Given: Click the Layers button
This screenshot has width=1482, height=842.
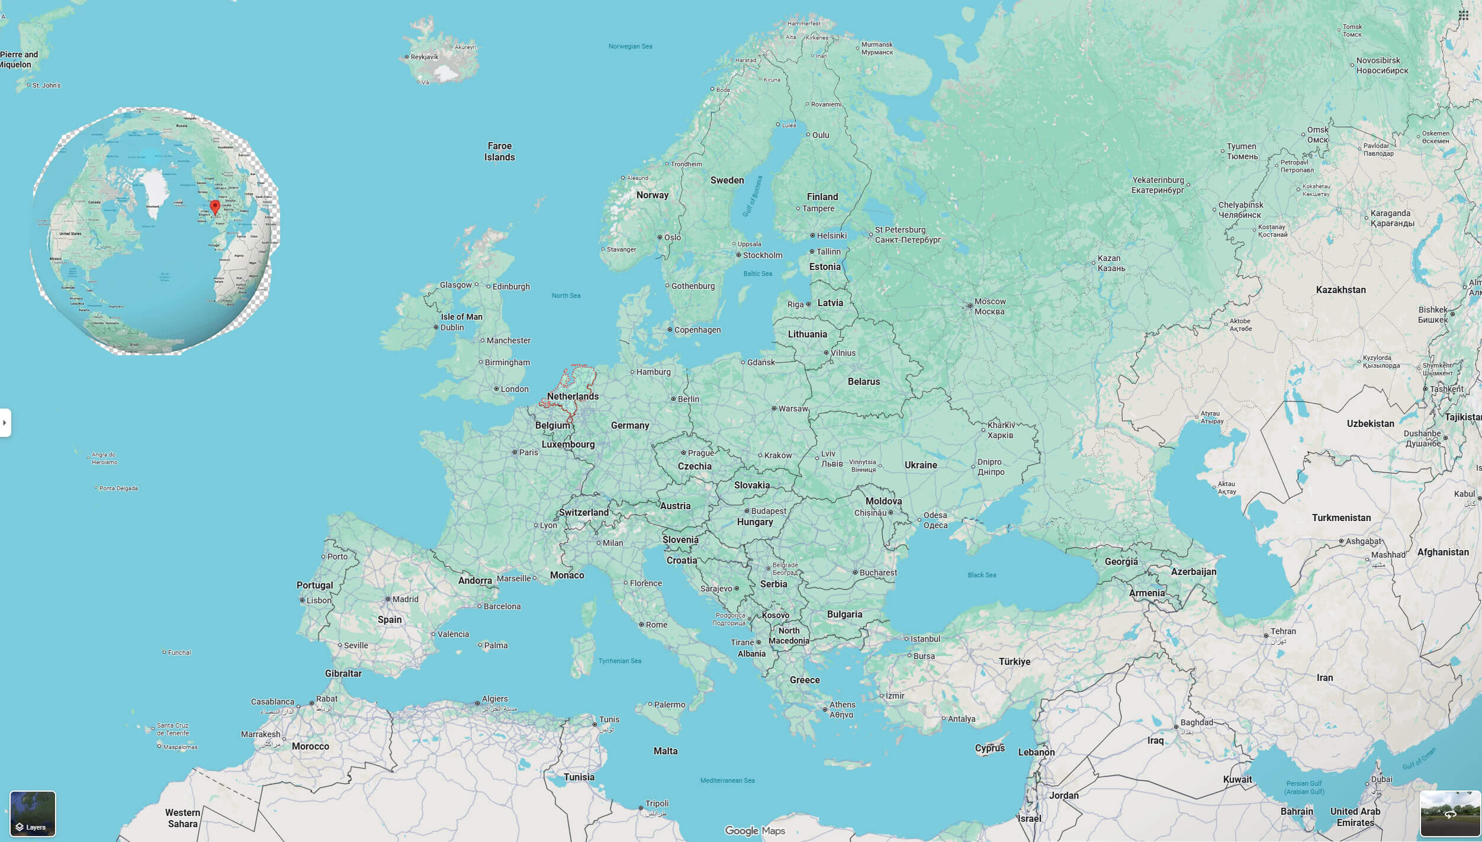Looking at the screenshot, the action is (33, 814).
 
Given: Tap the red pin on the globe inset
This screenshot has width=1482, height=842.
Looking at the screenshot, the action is (215, 207).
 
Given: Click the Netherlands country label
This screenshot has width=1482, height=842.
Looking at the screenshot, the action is (573, 396).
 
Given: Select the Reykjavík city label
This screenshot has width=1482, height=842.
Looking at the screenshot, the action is (425, 57).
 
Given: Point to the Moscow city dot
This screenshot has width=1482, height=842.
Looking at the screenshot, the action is (970, 306).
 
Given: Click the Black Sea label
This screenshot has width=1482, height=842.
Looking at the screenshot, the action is (982, 575).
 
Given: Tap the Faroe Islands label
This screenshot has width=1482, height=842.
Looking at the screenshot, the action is (499, 152).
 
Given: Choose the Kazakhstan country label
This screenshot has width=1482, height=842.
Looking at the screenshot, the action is (1340, 290).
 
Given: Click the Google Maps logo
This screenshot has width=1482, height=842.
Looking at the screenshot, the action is (755, 831).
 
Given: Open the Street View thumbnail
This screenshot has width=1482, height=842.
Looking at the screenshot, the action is (1450, 814).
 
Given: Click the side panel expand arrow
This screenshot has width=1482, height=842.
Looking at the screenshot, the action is (5, 423).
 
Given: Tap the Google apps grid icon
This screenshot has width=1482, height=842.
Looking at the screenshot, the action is (1463, 15).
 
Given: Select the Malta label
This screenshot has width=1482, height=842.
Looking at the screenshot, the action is (665, 751).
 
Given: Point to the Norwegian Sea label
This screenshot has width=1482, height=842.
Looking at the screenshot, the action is (630, 46).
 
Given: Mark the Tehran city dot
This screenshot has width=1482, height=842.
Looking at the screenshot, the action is (1266, 636).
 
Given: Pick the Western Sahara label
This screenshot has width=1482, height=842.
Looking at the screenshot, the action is (182, 818).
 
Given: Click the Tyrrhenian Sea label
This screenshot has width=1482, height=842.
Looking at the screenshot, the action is (619, 661).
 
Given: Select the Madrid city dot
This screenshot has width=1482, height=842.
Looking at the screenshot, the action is (388, 599).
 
